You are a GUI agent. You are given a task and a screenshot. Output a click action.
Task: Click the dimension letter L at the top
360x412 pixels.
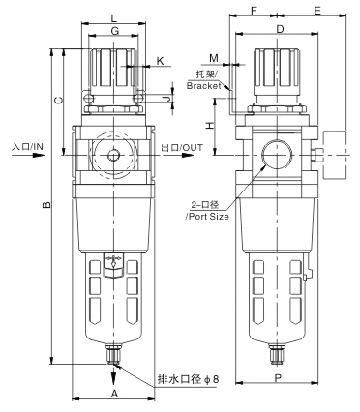113,17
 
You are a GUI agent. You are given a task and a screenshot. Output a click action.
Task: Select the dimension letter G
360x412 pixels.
115,31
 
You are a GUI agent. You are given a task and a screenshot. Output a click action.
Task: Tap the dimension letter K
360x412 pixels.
161,61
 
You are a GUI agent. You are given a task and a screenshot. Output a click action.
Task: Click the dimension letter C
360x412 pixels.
58,101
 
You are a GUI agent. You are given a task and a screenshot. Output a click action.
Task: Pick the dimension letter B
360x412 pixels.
46,204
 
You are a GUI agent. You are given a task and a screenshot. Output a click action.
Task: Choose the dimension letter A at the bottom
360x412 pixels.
114,394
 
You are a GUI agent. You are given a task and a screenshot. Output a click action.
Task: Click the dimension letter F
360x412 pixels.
254,11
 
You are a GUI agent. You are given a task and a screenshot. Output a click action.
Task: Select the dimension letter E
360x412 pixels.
317,11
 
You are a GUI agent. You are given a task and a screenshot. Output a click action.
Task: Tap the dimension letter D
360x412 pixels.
280,29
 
